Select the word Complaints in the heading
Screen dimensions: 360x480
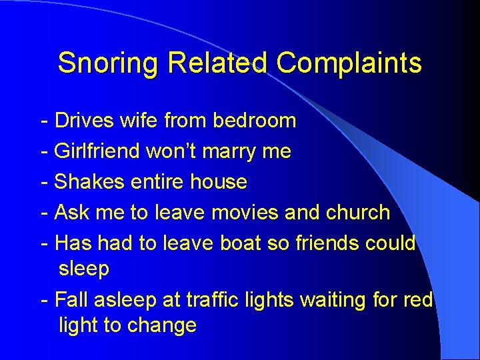(x=349, y=63)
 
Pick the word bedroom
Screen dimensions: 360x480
(x=254, y=121)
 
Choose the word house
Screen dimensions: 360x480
(x=219, y=182)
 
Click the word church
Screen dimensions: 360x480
(x=358, y=213)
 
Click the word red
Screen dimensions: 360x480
(x=419, y=301)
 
